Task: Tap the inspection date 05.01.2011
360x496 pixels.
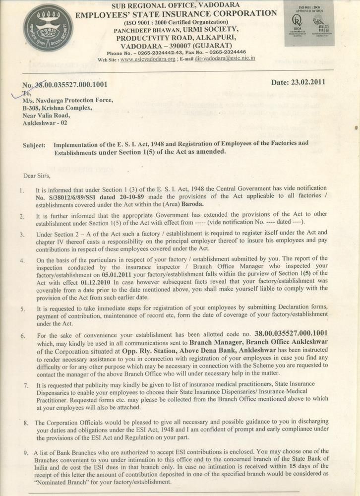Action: pos(131,281)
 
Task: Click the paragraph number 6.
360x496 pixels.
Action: pos(23,335)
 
